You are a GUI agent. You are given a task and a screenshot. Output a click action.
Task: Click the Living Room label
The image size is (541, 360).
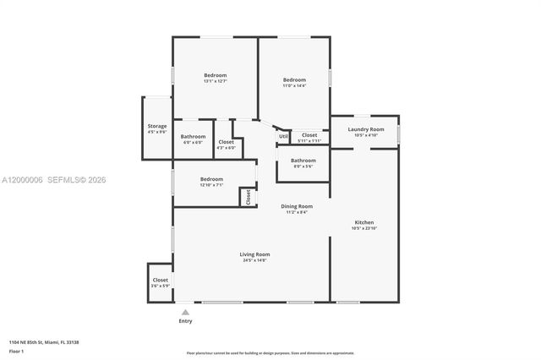[x=254, y=254]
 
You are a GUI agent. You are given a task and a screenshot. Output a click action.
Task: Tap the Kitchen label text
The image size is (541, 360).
[x=363, y=222]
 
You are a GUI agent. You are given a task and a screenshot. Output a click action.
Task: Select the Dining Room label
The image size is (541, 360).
[x=297, y=206]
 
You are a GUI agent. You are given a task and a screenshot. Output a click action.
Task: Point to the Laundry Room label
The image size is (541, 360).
[x=366, y=129]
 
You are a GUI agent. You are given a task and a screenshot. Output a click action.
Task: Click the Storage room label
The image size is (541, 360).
[x=157, y=126]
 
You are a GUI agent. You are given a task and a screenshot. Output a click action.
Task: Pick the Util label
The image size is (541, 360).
[x=283, y=135]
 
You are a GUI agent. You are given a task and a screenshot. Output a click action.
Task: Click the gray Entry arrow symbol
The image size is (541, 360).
[x=185, y=312]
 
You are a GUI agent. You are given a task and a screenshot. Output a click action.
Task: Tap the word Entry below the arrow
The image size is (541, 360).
[x=185, y=321]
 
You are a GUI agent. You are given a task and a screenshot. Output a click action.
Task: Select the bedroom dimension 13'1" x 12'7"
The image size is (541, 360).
[x=215, y=81]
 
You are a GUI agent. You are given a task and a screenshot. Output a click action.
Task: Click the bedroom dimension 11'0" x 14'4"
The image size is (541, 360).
[x=294, y=85]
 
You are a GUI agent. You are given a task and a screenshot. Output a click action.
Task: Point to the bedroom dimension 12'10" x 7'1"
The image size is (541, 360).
[x=211, y=185]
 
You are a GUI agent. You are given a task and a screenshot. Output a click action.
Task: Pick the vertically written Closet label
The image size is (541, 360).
[x=248, y=197]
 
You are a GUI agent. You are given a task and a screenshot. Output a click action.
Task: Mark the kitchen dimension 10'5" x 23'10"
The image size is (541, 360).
[x=363, y=228]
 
